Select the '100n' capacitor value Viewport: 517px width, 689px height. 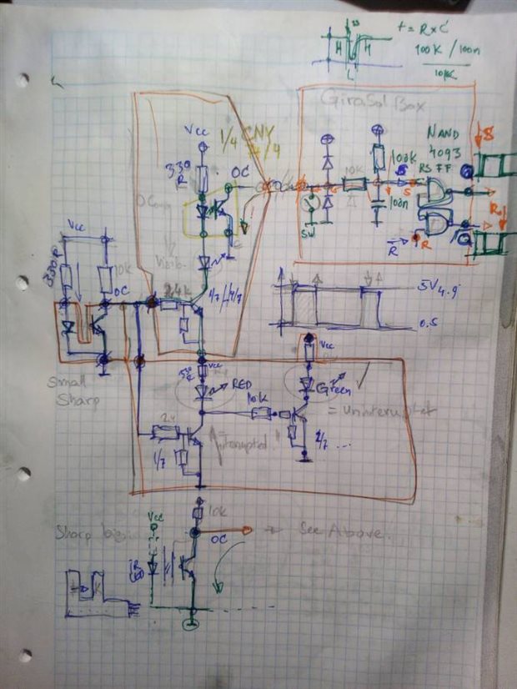pos(399,204)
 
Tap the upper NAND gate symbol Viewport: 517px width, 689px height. pos(434,195)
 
